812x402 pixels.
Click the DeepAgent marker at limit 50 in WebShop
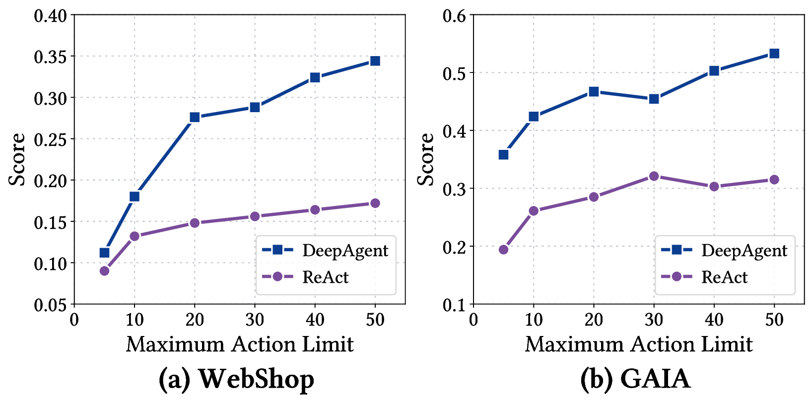[x=375, y=61]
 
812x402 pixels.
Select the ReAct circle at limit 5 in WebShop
[x=104, y=271]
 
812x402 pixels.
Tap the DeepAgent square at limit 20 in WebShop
[x=195, y=117]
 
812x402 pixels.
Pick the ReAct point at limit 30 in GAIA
[x=654, y=176]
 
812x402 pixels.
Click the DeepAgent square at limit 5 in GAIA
[x=503, y=155]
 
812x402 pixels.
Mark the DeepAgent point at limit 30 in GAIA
[x=654, y=99]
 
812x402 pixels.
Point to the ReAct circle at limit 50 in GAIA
[x=774, y=180]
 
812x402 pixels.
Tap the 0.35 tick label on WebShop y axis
[x=50, y=57]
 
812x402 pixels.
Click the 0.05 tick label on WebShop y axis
[x=50, y=305]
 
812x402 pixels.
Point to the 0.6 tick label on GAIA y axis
[x=455, y=15]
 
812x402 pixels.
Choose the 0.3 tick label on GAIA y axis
[x=455, y=189]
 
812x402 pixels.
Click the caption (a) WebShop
[x=236, y=380]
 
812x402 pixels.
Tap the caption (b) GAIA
[x=635, y=380]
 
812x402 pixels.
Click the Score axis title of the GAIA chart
[x=425, y=159]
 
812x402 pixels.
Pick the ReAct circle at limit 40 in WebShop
[x=315, y=210]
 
